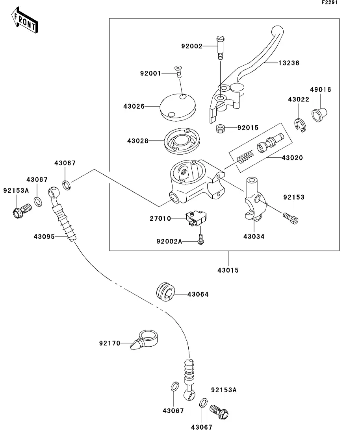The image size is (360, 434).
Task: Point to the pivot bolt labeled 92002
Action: tap(220, 47)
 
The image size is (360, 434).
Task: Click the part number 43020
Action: tap(292, 158)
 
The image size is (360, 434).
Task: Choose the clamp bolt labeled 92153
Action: tap(291, 216)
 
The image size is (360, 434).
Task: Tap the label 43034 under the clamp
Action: tap(254, 236)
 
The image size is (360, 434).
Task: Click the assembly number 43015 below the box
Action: tap(228, 270)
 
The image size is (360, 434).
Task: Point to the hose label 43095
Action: tap(44, 236)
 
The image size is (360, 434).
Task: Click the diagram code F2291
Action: tap(330, 2)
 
